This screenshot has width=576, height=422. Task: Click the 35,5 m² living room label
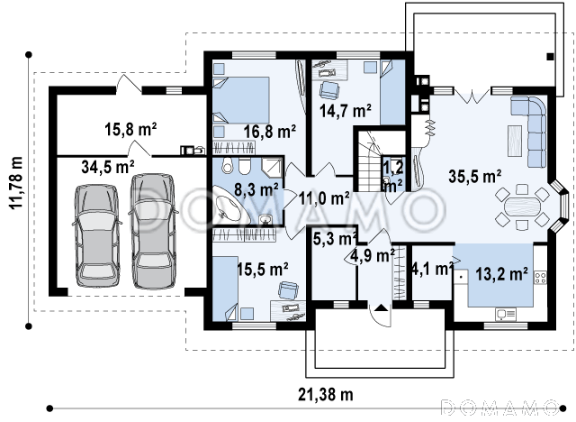[x=475, y=177]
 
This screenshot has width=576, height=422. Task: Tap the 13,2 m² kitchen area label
[x=502, y=274]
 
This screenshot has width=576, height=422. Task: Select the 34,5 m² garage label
[x=108, y=167]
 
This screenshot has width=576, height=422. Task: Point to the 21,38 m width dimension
[x=326, y=395]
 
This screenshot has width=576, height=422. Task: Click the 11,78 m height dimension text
[x=16, y=183]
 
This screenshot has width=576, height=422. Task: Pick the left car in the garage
[x=97, y=235]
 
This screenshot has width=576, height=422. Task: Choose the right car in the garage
[x=152, y=231]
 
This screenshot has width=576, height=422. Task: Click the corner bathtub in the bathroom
[x=229, y=206]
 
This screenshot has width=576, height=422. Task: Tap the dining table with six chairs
[x=522, y=207]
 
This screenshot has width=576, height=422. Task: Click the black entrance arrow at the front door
[x=382, y=307]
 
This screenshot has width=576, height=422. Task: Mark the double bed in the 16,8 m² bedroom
[x=241, y=100]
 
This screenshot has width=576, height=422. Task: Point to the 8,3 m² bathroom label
[x=256, y=189]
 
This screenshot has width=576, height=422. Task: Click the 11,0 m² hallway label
[x=324, y=198]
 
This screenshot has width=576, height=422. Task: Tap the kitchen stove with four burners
[x=540, y=277]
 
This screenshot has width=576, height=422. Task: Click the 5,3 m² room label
[x=335, y=239]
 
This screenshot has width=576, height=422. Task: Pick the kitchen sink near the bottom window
[x=506, y=314]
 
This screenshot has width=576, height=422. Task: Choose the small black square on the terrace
[x=550, y=57]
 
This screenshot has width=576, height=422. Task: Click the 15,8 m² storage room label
[x=131, y=129]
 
